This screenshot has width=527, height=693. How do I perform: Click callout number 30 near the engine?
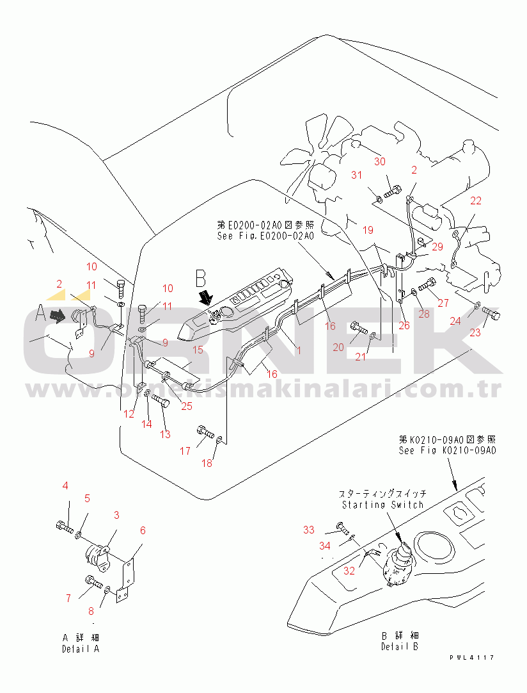pos(380,161)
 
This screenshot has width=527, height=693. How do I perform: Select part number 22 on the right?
pos(475,200)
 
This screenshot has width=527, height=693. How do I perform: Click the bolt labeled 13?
pos(160,403)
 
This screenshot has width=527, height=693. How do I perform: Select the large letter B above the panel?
pos(201,279)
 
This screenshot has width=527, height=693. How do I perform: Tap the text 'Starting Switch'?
pos(382,505)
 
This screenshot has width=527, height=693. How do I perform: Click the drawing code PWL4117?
pos(471,657)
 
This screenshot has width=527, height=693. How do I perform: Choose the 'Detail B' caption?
pos(400,646)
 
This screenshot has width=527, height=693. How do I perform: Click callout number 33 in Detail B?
pos(309,530)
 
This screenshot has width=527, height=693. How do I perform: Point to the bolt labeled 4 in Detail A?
pos(62,526)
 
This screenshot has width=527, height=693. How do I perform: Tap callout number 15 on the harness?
pos(198,350)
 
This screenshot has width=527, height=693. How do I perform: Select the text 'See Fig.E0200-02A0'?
pos(265,236)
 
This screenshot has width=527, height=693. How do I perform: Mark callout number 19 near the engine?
pos(368,229)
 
